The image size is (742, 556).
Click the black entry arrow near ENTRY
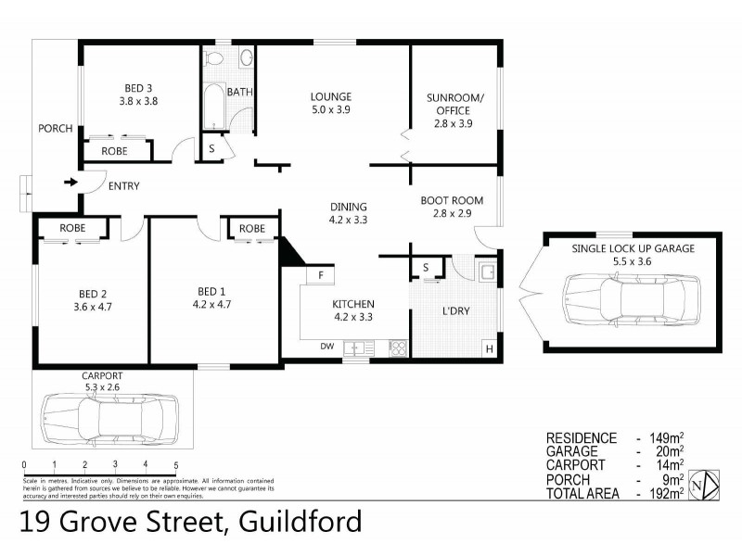tap(70, 182)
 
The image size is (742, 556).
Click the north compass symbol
tap(708, 485)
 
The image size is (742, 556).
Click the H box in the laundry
tap(489, 348)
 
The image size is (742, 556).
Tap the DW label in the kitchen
tap(326, 347)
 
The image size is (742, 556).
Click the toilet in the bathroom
tap(214, 59)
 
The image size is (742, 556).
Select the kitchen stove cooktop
tap(397, 348)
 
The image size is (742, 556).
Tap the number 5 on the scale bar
tap(175, 464)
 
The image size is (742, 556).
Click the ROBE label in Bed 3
tap(114, 149)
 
